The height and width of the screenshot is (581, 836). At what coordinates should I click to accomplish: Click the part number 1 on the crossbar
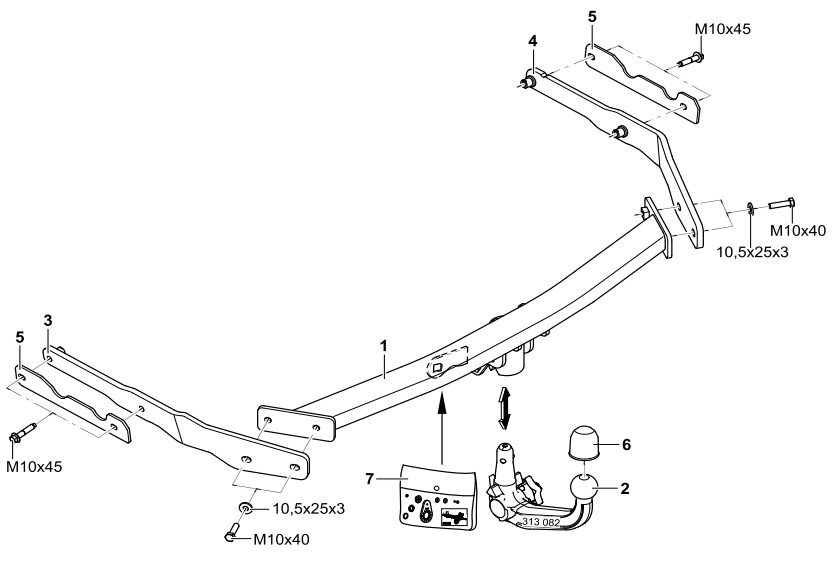[385, 346]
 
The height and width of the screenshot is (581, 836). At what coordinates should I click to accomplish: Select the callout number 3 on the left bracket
[48, 319]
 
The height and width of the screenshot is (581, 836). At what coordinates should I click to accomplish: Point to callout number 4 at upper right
[533, 41]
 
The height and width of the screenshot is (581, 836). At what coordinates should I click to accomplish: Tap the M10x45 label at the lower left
[37, 466]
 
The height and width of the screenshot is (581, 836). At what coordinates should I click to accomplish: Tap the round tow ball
[583, 490]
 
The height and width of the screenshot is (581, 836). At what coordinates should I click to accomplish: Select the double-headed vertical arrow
[505, 408]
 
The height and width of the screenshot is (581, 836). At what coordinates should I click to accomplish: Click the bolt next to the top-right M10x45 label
[688, 60]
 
